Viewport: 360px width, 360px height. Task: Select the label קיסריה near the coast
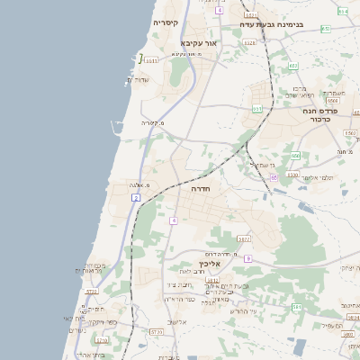coord(166,22)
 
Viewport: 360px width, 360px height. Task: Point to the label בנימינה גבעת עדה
coord(273,24)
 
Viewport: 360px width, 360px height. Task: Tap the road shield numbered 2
coord(135,196)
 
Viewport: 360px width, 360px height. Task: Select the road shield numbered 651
coord(256,109)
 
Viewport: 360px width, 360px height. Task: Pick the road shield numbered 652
coord(293,66)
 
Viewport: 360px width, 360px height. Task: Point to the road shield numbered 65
coord(274,176)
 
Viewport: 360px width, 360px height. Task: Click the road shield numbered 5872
coord(244,239)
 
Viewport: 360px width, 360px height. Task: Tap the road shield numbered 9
coord(248,258)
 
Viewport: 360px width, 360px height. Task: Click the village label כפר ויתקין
coord(98,321)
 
